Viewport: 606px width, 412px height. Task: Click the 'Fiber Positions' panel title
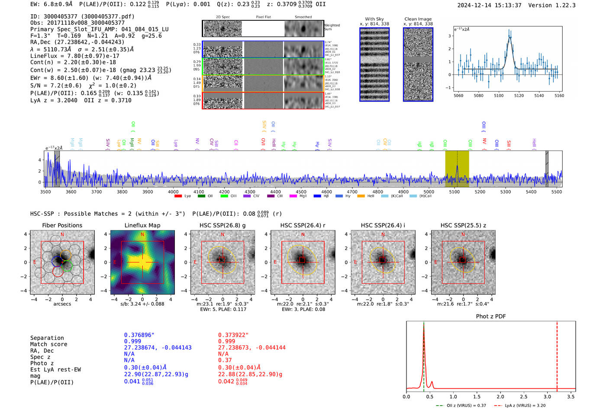point(62,225)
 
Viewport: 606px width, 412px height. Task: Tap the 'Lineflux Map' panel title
point(142,225)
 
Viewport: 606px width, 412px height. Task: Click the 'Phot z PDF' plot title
point(491,316)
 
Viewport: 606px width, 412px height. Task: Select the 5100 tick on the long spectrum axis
point(454,192)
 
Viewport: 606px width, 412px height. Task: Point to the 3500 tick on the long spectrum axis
point(45,192)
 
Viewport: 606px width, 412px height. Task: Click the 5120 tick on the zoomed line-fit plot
point(519,96)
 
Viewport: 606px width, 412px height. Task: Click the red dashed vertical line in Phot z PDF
point(557,355)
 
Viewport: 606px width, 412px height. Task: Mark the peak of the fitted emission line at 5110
point(510,37)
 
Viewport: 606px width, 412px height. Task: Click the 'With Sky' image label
point(374,19)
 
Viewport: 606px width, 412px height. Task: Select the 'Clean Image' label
point(418,19)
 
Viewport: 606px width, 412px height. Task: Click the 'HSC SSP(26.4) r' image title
point(303,225)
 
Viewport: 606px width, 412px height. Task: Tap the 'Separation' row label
point(47,338)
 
